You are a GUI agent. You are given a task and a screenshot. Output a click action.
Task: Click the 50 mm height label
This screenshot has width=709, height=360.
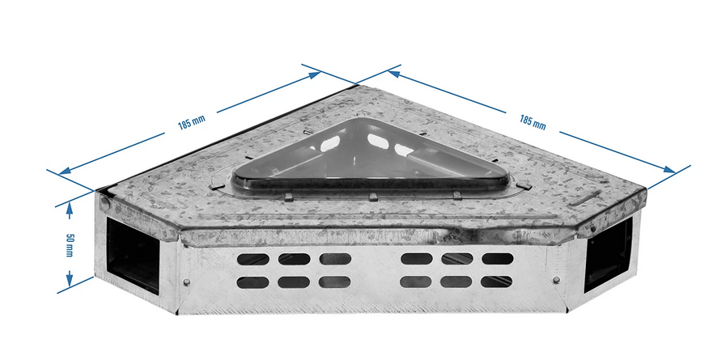pos(69,245)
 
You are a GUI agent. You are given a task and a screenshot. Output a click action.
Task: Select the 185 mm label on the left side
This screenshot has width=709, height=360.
pos(191,122)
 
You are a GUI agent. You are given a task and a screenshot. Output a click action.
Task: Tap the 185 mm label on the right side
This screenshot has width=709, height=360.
pos(533,122)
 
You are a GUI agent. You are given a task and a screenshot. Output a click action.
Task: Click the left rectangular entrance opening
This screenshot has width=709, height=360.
pos(133,254)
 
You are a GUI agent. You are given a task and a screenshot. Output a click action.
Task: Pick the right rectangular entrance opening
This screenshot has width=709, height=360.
pos(608,254)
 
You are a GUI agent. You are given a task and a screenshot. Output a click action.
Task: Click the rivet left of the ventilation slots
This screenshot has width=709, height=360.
pos(186,282)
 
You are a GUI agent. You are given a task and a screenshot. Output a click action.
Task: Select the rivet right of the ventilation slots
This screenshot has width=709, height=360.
pos(556,280)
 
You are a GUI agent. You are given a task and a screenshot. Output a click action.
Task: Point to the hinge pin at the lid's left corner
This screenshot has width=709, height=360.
pos(105,204)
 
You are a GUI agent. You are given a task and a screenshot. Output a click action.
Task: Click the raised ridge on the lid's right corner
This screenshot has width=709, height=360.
pos(584,198)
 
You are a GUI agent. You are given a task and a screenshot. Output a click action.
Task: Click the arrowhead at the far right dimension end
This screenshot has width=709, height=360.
pos(670,169)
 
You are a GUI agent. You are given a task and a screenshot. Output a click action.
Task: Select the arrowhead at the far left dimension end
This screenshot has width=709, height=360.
pos(64,172)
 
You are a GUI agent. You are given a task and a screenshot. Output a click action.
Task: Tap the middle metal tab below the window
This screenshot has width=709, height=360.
pos(373,197)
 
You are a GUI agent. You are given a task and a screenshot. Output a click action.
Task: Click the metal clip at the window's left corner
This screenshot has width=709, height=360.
pos(217,184)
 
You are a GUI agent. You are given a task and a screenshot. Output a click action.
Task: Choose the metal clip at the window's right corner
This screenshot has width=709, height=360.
pos(524,184)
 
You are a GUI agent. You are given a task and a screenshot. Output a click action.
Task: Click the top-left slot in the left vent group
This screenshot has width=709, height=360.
pos(253,259)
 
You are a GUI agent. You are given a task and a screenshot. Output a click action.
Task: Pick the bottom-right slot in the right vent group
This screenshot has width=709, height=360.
pos(496,282)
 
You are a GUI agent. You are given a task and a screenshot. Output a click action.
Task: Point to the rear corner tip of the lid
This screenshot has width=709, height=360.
pos(356,84)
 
